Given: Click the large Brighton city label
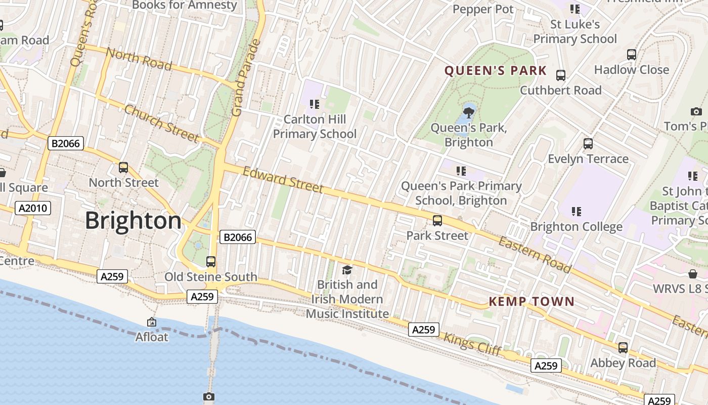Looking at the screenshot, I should click(133, 221).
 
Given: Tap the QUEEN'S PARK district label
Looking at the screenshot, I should click(496, 70).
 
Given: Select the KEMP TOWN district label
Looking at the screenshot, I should click(532, 302).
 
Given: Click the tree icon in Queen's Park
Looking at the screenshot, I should click(469, 111).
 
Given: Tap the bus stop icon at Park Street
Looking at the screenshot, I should click(437, 221).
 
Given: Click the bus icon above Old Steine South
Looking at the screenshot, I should click(211, 262).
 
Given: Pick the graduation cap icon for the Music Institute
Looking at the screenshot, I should click(347, 270).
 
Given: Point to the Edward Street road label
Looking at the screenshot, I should click(283, 180).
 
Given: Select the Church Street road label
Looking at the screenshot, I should click(161, 124).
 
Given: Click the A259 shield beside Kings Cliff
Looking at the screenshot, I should click(424, 330).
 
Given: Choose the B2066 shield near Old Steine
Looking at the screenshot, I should click(238, 237).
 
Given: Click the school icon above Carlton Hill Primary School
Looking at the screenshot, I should click(315, 104).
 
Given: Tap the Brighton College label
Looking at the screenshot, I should click(576, 226).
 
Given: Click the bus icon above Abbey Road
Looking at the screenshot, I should click(623, 348).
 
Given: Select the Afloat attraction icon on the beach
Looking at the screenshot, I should click(151, 322).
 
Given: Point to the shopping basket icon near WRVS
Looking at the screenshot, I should click(693, 274).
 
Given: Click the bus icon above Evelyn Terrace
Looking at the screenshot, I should click(588, 144).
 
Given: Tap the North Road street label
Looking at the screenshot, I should click(139, 59).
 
